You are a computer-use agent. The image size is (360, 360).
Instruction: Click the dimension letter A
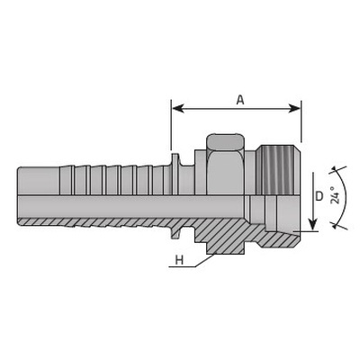pos(240,100)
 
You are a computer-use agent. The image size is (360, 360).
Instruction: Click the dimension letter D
pos(319,196)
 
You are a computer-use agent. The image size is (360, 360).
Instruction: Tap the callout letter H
pos(179,260)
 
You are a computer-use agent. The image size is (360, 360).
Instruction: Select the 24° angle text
pos(336,195)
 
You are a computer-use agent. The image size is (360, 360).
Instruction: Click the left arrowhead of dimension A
pos(178,109)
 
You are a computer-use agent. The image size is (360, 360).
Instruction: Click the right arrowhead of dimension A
pos(294,109)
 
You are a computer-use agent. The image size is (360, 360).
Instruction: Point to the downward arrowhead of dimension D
pos(313,224)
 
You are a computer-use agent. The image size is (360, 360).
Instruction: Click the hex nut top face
pos(226,141)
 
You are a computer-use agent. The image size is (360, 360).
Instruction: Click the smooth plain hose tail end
pos(39,181)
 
